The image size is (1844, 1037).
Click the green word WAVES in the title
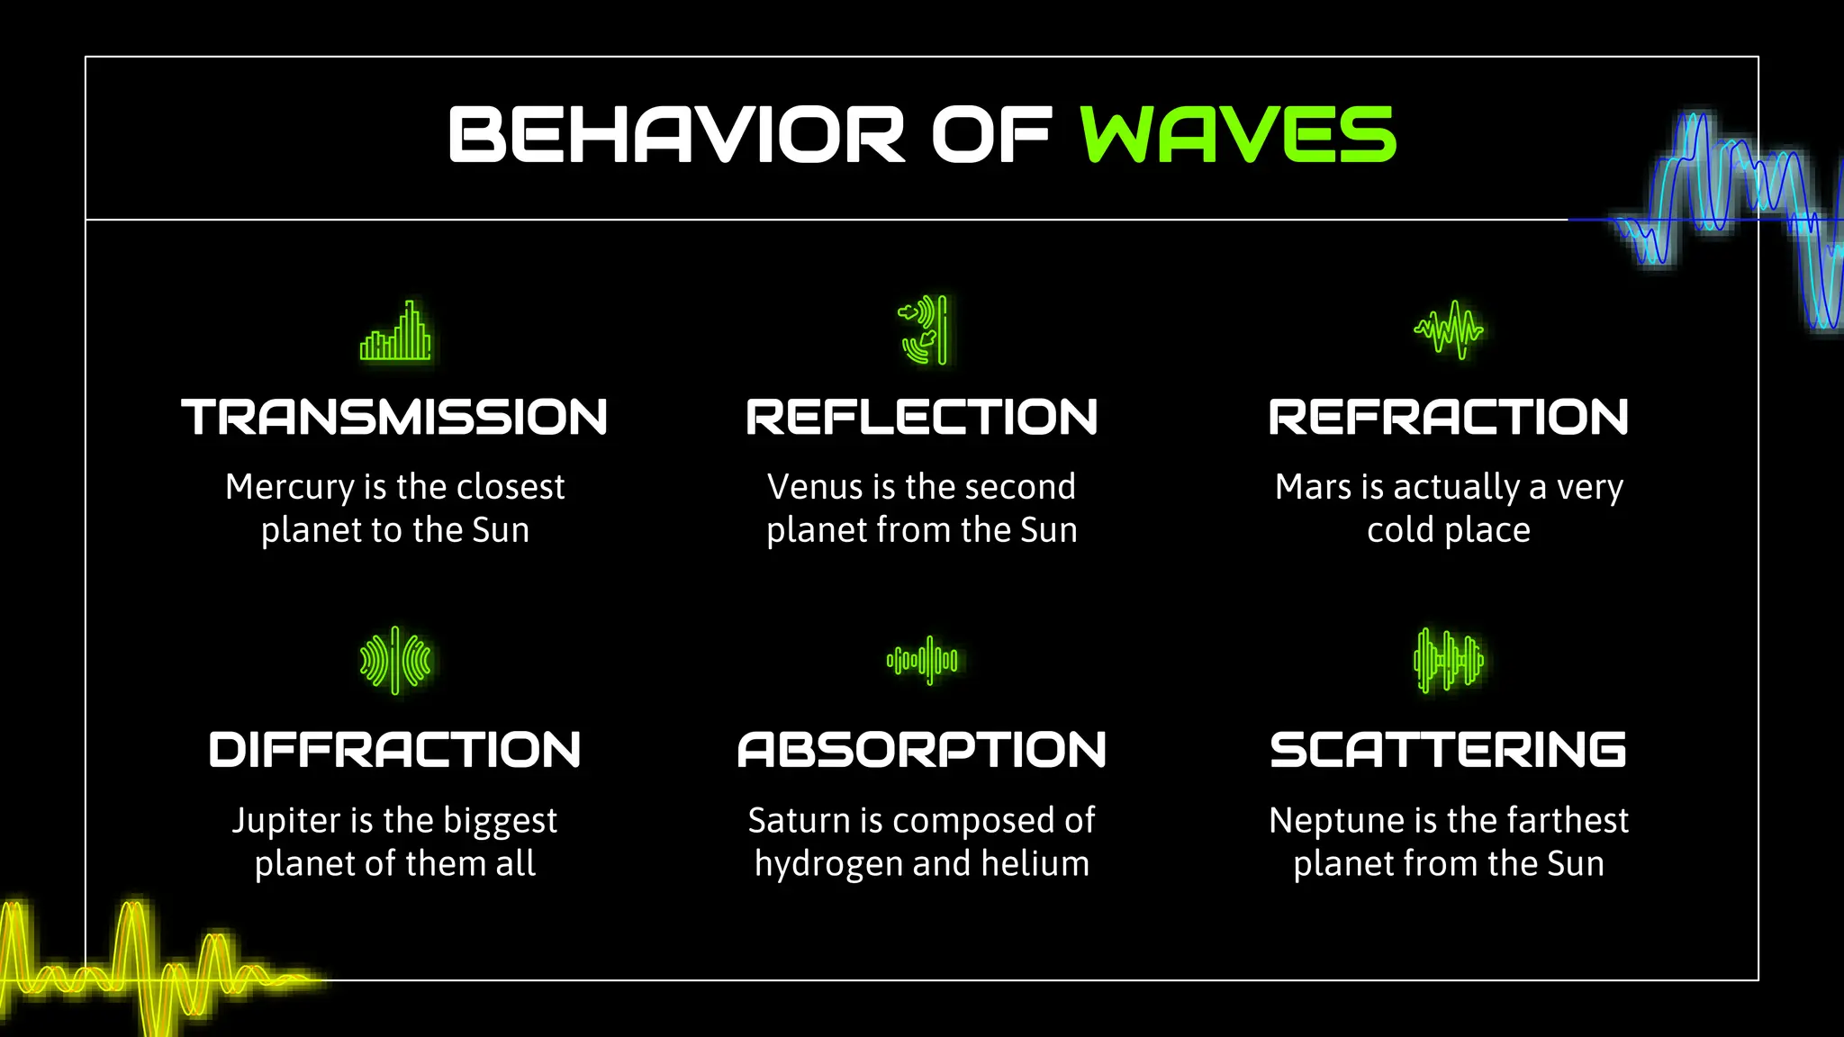coord(1238,135)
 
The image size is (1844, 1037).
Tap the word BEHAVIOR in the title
coord(675,135)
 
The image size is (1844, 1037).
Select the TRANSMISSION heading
coord(394,418)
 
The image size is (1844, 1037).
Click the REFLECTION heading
coord(922,418)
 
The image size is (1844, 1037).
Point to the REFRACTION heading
coord(1449,418)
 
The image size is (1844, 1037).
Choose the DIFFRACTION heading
coord(394,751)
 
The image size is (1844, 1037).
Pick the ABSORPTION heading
coord(922,751)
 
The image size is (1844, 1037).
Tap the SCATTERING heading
coord(1449,751)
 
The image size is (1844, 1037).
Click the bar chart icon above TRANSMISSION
coord(395,331)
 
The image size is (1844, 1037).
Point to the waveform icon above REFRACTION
coord(1449,329)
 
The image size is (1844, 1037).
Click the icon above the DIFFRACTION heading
coord(395,661)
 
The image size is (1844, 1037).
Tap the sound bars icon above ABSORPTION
coord(922,661)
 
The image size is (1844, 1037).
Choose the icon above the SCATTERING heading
coord(1449,661)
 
